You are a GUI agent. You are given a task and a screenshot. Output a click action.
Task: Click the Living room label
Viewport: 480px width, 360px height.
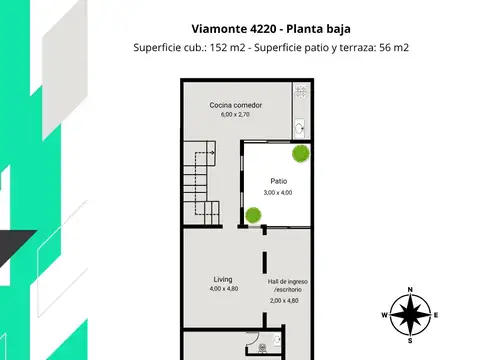tap(223, 278)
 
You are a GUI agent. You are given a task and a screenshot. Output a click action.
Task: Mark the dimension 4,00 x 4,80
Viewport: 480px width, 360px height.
tap(223, 288)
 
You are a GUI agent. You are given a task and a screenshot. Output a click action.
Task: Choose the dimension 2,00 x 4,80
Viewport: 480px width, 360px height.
tap(285, 300)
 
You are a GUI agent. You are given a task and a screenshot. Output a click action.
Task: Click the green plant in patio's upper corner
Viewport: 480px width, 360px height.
tap(300, 154)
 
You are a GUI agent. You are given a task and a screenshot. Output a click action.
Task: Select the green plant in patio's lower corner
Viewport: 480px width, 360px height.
tap(254, 213)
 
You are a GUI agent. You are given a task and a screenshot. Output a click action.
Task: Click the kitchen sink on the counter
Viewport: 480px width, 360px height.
tap(301, 128)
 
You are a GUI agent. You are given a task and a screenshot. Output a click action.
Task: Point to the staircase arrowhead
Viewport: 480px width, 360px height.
tap(203, 151)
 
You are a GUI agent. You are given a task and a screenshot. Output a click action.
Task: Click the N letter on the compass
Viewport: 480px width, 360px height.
tap(410, 291)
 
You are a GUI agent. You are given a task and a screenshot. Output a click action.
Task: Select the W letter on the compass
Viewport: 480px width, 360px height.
tap(384, 315)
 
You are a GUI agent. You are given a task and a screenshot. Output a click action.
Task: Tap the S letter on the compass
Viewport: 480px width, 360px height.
tap(410, 340)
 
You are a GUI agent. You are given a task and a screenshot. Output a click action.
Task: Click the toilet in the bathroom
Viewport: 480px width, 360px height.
tap(263, 349)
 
